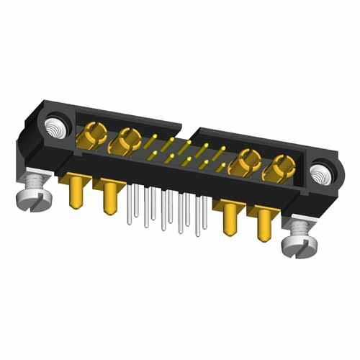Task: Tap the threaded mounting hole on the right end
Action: pyautogui.click(x=318, y=174)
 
